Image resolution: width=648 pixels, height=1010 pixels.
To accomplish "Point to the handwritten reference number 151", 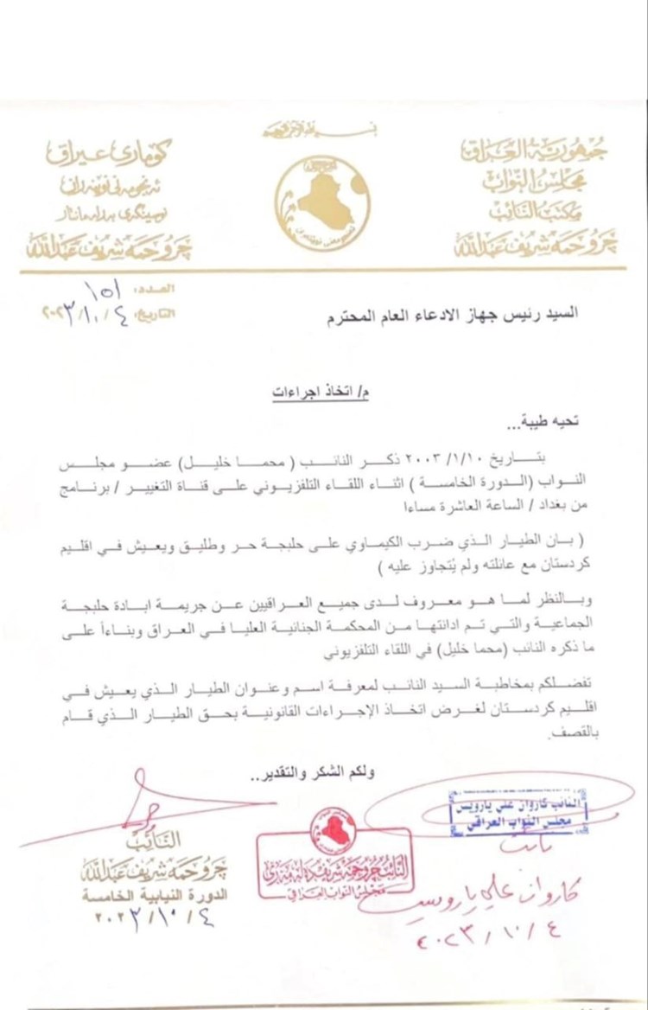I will coord(105,288).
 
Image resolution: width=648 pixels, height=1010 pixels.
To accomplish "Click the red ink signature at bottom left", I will coord(147,804).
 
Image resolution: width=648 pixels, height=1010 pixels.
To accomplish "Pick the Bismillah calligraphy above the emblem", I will coord(325,131).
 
